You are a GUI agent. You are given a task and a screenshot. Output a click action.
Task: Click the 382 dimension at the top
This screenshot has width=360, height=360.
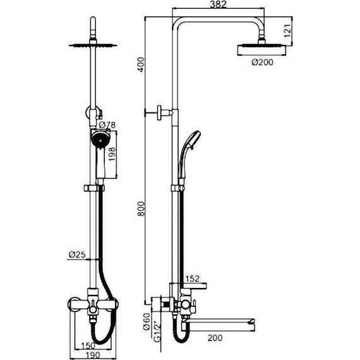(x=218, y=4)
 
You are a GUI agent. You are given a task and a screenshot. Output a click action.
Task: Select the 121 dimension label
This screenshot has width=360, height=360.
(x=287, y=30)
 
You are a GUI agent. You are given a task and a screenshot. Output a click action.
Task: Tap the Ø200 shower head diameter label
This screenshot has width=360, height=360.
(x=263, y=63)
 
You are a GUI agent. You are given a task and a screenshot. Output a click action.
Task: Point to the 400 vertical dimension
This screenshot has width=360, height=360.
(x=141, y=64)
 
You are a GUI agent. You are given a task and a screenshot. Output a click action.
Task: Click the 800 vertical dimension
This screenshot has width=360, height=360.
(x=141, y=208)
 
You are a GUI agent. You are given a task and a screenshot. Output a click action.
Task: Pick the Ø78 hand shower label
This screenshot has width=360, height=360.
(x=107, y=125)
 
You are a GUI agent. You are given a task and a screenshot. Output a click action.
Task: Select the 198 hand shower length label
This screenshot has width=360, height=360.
(x=112, y=154)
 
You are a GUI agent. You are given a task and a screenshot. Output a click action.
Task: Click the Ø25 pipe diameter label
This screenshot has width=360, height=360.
(x=77, y=255)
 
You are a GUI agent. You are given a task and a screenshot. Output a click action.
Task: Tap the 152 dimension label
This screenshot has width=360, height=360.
(x=193, y=279)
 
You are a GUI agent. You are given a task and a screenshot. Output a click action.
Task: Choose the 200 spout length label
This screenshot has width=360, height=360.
(x=215, y=338)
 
